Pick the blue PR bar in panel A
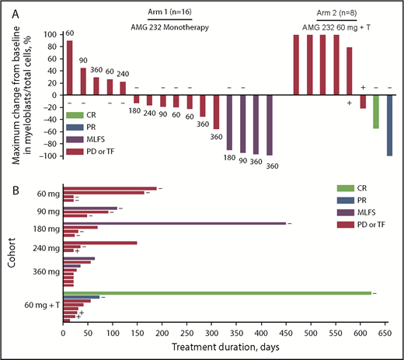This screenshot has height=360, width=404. coord(389,126)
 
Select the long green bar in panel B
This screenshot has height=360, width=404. coord(217,293)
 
